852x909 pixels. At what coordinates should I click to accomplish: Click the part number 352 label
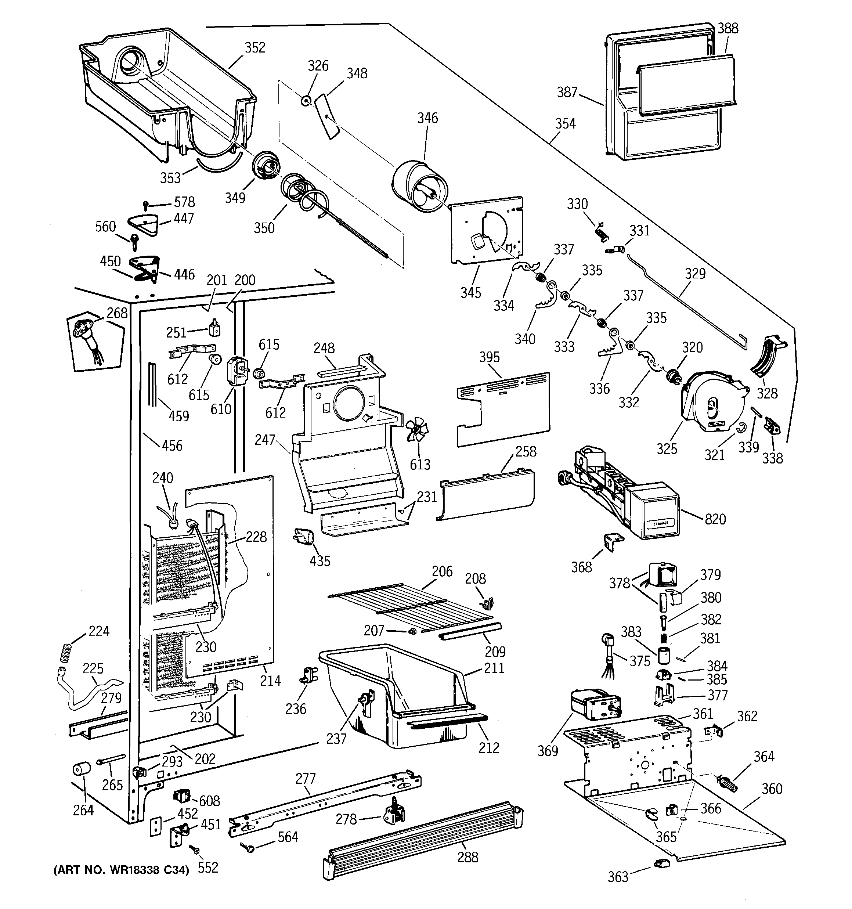click(255, 47)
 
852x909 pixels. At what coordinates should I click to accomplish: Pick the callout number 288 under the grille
click(467, 857)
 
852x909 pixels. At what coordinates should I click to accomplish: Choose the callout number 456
click(172, 446)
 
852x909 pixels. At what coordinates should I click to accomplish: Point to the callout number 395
click(489, 357)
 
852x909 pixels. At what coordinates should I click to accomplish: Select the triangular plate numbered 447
click(144, 224)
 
